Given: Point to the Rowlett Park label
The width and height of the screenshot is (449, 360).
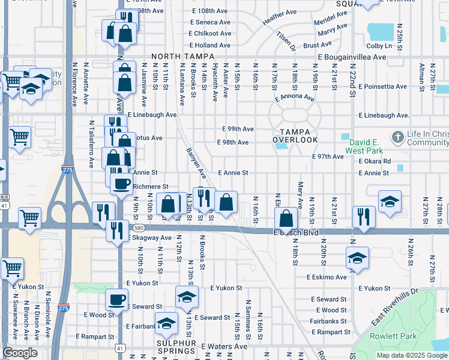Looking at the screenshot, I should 393,337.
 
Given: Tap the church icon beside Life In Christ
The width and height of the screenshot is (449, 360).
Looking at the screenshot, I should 397,137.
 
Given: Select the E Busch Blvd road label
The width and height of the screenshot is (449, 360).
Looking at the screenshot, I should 294,232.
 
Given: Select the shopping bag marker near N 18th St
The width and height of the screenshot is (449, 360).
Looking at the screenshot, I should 287,218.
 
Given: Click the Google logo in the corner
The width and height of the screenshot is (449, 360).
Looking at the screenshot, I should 20,353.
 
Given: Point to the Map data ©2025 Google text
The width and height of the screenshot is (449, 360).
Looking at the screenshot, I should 412,355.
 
